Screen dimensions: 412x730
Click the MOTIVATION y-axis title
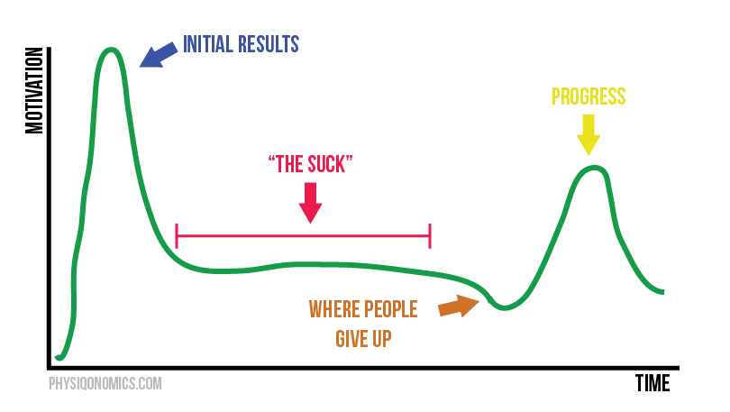(35, 89)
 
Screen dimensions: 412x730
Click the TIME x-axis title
(652, 383)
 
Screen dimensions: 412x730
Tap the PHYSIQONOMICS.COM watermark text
(105, 383)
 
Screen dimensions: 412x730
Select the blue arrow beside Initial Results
(160, 55)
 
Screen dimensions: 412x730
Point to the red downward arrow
(310, 202)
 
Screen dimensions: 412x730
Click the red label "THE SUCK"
(310, 165)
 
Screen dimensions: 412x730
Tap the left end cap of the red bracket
(177, 236)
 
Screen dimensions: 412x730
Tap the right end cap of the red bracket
(431, 236)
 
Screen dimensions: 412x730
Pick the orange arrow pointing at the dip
(459, 307)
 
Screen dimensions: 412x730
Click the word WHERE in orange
(335, 310)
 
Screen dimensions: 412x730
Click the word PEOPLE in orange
(391, 310)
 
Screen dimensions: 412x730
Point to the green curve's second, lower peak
(590, 168)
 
